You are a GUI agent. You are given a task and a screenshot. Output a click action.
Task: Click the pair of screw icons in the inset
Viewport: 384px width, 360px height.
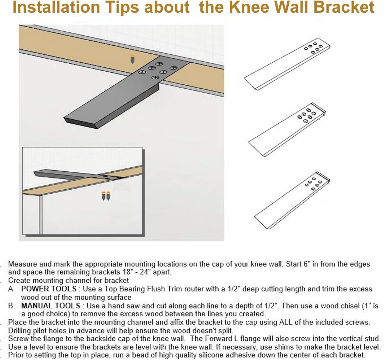click(106, 196)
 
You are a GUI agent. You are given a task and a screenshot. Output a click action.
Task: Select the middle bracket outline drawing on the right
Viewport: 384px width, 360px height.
click(287, 129)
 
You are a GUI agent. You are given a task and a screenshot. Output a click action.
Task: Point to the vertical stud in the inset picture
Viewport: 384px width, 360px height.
click(41, 214)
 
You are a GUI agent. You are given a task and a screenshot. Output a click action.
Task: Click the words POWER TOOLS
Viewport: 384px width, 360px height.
click(49, 289)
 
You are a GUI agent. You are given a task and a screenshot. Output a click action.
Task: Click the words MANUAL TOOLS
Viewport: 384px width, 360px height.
click(51, 306)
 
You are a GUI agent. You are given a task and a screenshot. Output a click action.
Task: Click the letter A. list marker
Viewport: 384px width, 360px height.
click(11, 289)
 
